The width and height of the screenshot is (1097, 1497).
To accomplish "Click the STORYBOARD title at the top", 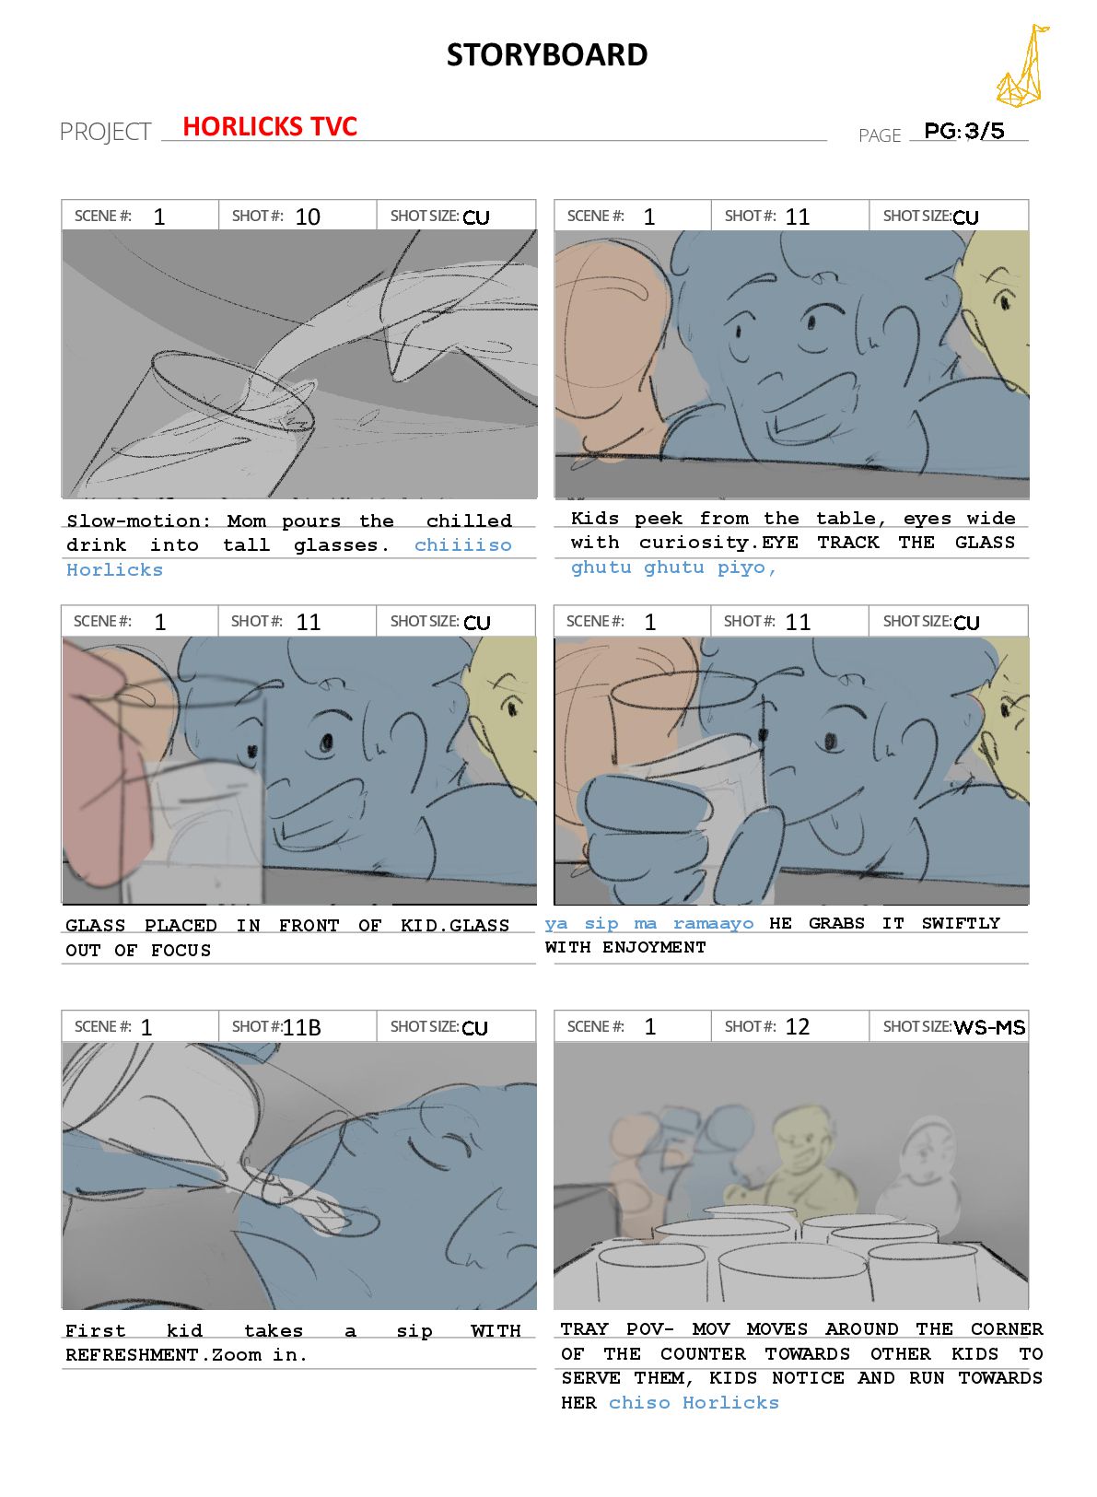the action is tap(546, 54).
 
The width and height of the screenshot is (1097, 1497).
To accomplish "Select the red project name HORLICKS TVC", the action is tap(270, 126).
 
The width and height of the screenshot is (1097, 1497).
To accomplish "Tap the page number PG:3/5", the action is tap(963, 130).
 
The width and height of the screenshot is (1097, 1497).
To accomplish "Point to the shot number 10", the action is tap(308, 216).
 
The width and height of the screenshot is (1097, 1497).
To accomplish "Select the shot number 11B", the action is tap(301, 1026).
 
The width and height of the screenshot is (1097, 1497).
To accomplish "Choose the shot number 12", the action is tap(797, 1026).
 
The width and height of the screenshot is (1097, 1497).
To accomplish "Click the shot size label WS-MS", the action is tap(989, 1027).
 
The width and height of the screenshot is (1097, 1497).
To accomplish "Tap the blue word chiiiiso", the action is tap(463, 544).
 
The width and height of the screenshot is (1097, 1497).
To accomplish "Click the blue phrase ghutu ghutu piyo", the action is tap(672, 567).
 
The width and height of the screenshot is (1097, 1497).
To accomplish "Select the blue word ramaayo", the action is tap(713, 923).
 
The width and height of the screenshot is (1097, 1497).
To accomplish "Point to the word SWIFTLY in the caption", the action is tap(961, 923).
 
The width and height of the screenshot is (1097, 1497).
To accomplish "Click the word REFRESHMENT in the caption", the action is tap(133, 1354).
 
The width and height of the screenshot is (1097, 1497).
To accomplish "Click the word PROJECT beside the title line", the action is tap(106, 132).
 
